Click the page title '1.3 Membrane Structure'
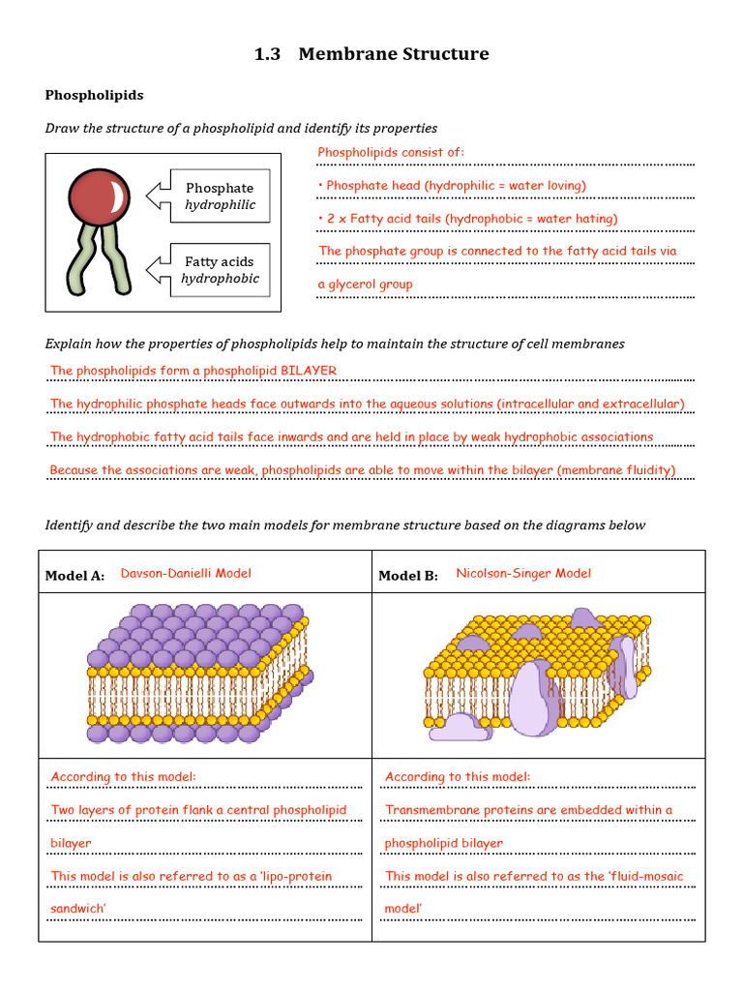pyautogui.click(x=371, y=54)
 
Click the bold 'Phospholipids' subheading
pyautogui.click(x=94, y=95)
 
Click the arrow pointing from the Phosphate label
pyautogui.click(x=157, y=196)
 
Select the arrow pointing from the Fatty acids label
pyautogui.click(x=157, y=270)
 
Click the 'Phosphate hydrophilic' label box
pyautogui.click(x=220, y=196)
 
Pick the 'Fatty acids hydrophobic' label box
pyautogui.click(x=220, y=270)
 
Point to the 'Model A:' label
pyautogui.click(x=74, y=576)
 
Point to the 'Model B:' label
pyautogui.click(x=407, y=576)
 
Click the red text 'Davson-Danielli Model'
pyautogui.click(x=186, y=573)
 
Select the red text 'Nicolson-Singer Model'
pyautogui.click(x=523, y=573)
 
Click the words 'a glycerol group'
pyautogui.click(x=366, y=285)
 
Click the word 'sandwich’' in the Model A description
pyautogui.click(x=78, y=909)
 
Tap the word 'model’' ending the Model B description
pyautogui.click(x=404, y=909)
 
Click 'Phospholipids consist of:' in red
pyautogui.click(x=391, y=152)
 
